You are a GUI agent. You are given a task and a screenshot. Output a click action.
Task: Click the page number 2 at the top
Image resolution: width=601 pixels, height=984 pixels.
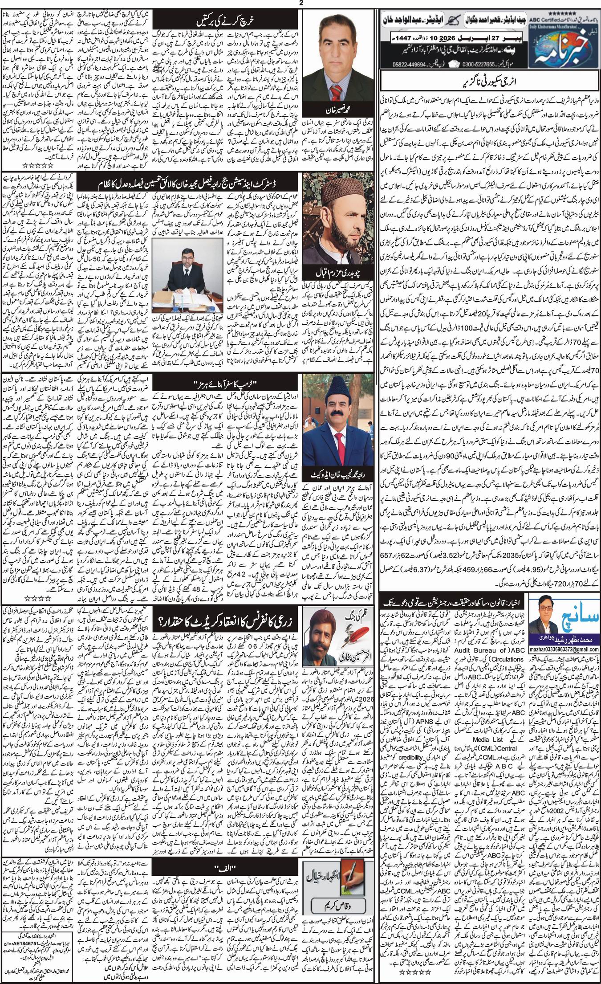click(300, 4)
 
